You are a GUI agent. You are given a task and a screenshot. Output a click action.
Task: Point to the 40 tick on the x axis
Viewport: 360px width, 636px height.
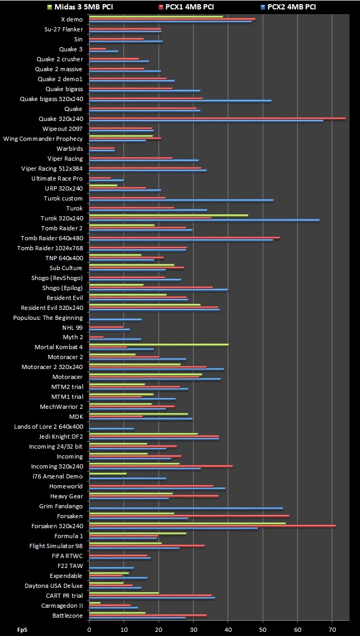coord(228,630)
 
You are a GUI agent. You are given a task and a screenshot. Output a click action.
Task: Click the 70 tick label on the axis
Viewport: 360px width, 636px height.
coord(332,630)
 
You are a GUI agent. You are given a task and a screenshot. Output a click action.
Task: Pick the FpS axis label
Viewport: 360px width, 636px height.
coord(22,630)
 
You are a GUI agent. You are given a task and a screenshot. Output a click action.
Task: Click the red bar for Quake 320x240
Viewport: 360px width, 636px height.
coord(217,118)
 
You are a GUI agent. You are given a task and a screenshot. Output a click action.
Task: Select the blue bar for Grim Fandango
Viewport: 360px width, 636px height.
coord(186,508)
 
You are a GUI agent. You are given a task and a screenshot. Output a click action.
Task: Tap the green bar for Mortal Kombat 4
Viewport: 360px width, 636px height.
coord(159,344)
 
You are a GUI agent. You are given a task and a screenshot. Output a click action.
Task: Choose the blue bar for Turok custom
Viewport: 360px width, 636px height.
coord(181,200)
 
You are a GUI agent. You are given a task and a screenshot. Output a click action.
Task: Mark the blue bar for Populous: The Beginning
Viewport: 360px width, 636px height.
coord(115,319)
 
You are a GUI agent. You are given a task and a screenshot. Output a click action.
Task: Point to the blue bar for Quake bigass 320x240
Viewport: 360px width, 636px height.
coord(180,101)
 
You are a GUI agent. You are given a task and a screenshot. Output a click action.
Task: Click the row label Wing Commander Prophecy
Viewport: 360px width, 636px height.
coord(43,139)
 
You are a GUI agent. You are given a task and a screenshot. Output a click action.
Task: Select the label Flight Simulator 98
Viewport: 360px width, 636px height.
coord(56,546)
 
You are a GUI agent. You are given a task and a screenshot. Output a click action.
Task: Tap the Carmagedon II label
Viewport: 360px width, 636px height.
coord(62,605)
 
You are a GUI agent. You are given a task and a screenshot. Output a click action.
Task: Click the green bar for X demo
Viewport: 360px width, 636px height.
coord(156,16)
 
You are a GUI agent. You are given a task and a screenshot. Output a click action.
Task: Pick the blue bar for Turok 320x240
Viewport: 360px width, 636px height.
coord(204,220)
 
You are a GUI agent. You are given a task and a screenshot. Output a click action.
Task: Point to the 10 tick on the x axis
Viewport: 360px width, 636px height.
coord(124,630)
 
